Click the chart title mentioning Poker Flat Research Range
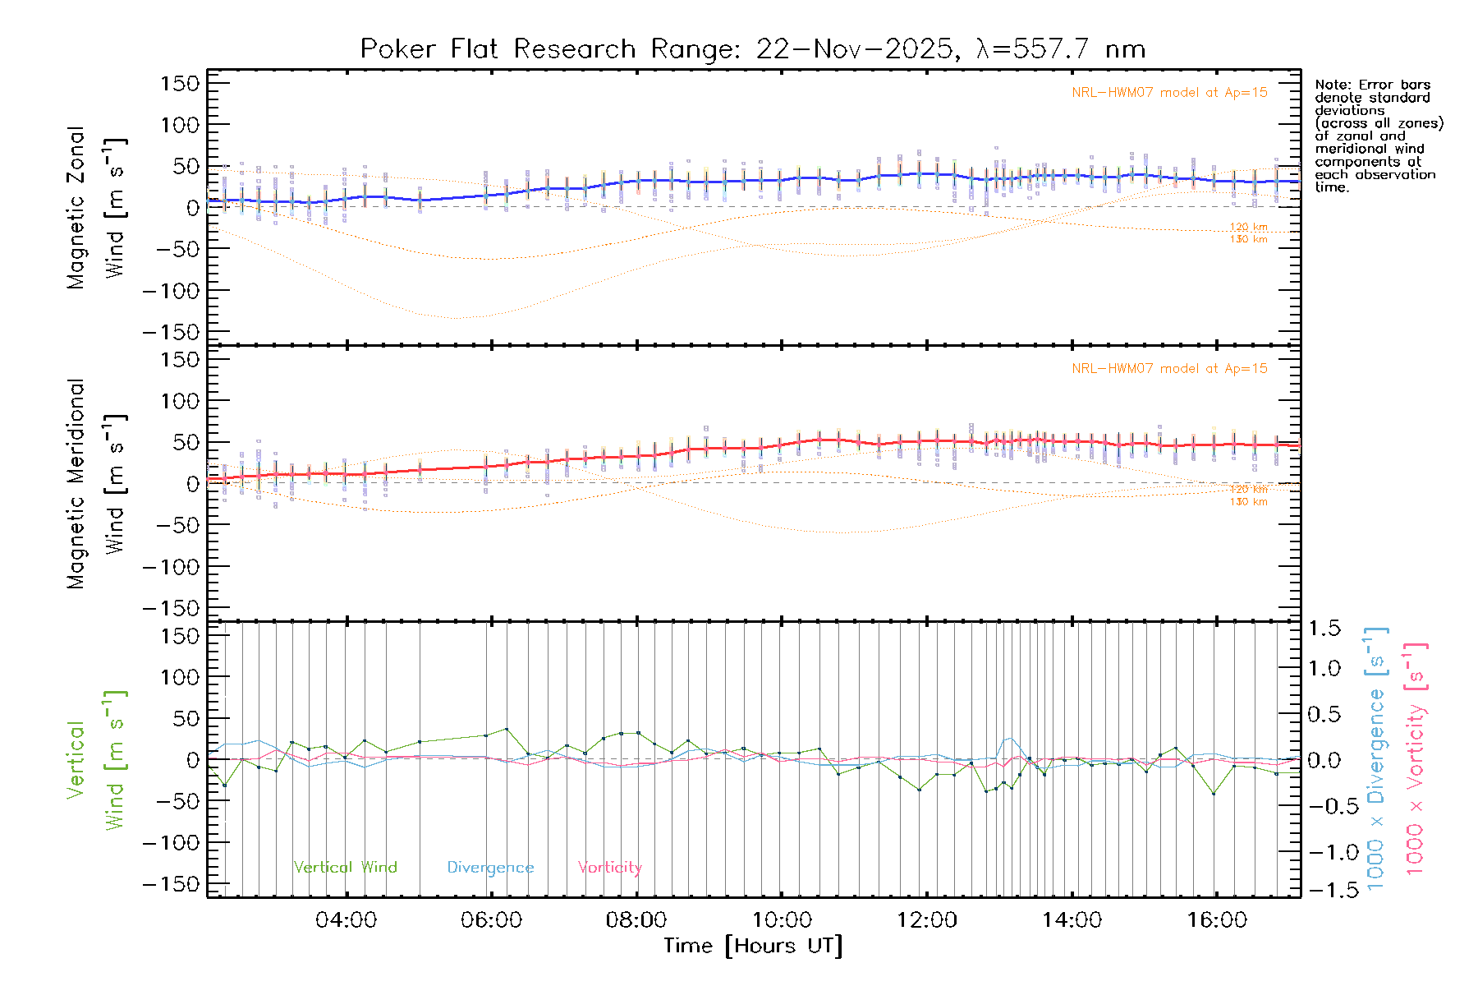(752, 49)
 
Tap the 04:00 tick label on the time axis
(346, 920)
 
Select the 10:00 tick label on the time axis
(782, 920)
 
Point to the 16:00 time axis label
(1217, 920)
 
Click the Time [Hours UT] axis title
(753, 947)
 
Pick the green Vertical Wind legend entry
(345, 868)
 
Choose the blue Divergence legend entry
(490, 868)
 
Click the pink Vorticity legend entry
(609, 868)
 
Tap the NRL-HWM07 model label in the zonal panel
(1169, 93)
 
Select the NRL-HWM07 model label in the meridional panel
(1169, 369)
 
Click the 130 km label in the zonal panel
(1248, 240)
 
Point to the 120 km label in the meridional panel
(1248, 490)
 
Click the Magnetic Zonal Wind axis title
(97, 207)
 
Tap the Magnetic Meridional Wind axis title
(97, 483)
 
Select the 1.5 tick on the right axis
(1324, 629)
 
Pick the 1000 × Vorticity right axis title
(1414, 759)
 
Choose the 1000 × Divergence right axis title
(1375, 759)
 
